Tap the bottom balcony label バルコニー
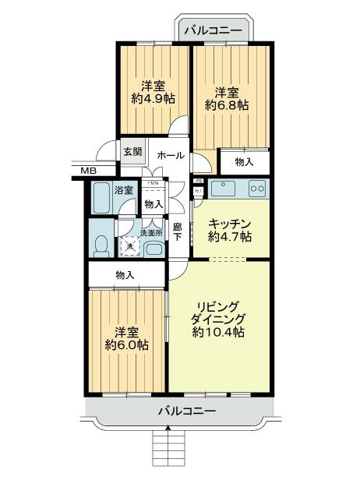pos(186,411)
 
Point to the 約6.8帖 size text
pos(228,104)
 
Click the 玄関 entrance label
pos(132,151)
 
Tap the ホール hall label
pos(171,156)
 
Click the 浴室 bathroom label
pos(123,189)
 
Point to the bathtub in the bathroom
pos(101,199)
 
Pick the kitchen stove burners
pos(257,189)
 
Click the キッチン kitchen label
pos(229,221)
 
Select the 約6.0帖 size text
pos(127,344)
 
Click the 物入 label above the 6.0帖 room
pos(125,274)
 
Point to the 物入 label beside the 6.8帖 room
pos(243,161)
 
